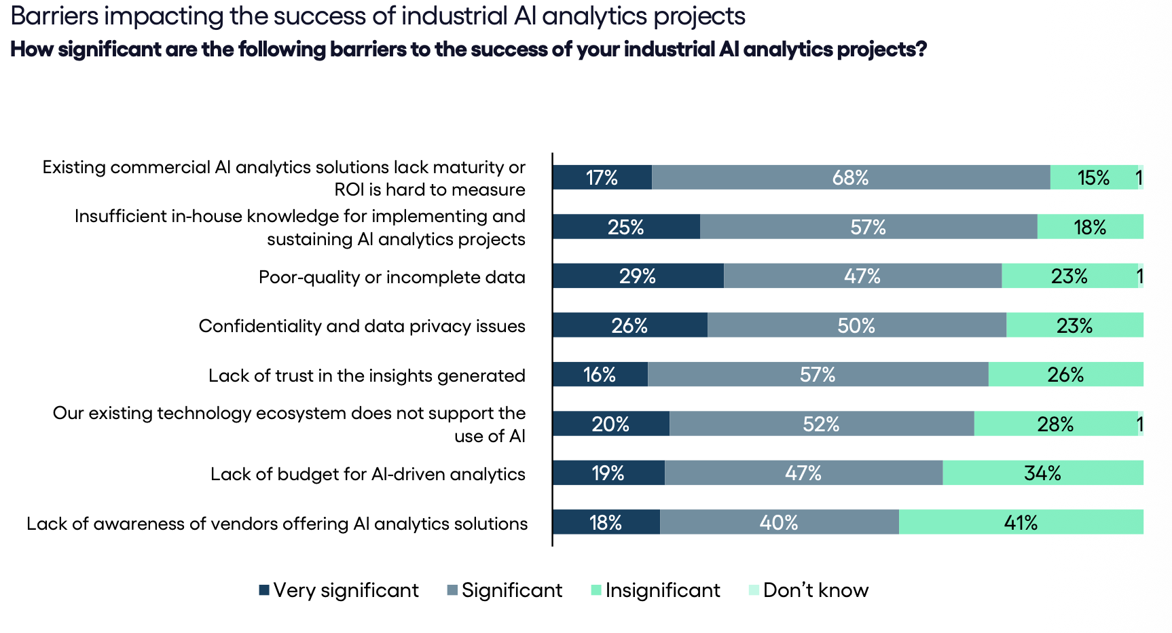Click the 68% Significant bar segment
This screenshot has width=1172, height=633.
[851, 177]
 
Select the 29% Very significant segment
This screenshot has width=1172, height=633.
[638, 276]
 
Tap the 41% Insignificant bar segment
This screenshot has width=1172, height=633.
[1021, 522]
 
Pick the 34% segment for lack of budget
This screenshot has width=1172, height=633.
[1042, 473]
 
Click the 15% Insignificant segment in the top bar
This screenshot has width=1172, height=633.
[1093, 177]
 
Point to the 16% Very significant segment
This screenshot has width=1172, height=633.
[600, 374]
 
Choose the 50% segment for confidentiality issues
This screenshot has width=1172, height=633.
[856, 325]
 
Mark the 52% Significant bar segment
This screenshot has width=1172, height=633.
[821, 424]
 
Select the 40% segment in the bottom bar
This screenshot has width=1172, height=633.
[779, 522]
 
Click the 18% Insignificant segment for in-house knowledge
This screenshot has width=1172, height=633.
[1090, 227]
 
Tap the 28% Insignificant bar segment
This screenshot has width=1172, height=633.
[1055, 424]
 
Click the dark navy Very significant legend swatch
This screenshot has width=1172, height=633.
[264, 590]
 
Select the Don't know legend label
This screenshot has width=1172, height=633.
[816, 590]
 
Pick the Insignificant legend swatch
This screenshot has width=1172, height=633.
[596, 590]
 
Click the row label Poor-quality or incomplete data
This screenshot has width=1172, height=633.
[392, 277]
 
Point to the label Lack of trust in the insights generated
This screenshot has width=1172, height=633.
[367, 376]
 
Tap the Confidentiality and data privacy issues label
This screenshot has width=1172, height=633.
[362, 326]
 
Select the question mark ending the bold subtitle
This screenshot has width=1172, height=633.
[921, 50]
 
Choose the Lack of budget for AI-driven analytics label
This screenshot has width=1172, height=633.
[367, 474]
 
